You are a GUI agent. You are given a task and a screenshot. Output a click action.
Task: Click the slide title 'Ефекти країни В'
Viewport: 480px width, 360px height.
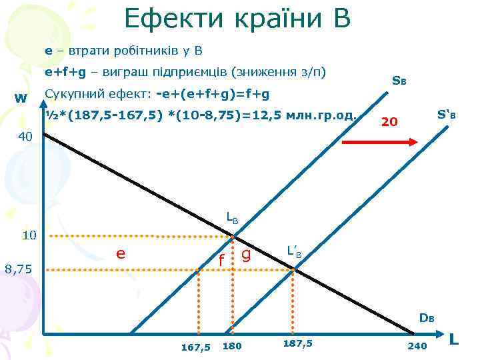[237, 18]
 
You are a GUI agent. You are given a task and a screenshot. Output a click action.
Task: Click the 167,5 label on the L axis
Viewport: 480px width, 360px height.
[195, 347]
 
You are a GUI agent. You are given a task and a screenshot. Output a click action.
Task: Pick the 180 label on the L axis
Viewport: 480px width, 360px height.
[232, 346]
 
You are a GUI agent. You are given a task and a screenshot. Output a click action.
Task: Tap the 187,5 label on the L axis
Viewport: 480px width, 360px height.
[297, 343]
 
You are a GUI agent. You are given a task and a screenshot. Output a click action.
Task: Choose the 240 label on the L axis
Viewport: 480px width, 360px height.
[417, 346]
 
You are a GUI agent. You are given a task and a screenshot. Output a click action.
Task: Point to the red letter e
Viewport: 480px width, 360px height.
[120, 253]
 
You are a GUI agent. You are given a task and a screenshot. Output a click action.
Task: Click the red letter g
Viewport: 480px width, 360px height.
[246, 253]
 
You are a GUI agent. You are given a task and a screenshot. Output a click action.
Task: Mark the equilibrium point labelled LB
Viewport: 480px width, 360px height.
[233, 236]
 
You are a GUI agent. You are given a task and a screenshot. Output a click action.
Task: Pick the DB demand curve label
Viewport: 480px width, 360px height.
[427, 317]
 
